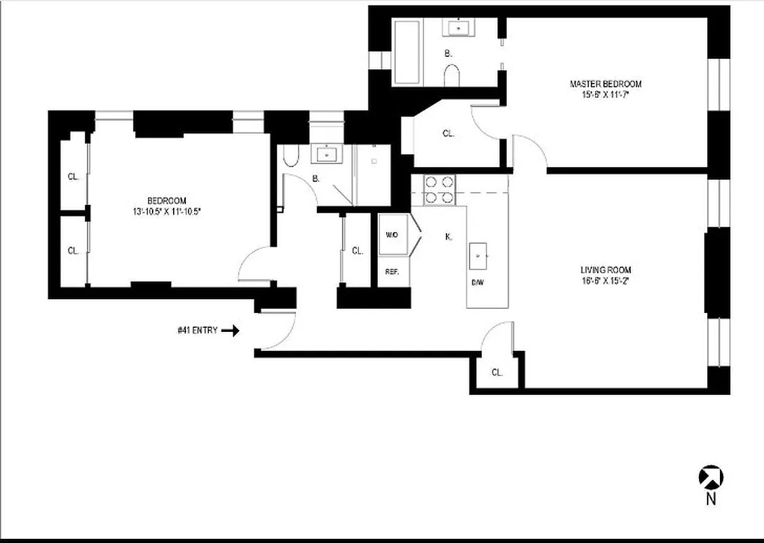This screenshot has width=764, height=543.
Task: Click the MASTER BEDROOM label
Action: point(605,84)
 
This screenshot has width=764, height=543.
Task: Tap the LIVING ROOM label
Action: point(605,270)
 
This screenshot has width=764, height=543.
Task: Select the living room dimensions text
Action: point(605,280)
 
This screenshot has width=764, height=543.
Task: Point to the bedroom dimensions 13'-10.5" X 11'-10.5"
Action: point(167,212)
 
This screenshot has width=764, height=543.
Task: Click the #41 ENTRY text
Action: point(197,331)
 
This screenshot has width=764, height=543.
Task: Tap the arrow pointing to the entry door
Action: point(231,331)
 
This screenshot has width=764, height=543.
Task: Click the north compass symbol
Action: point(711,477)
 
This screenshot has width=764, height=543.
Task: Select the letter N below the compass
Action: point(711,500)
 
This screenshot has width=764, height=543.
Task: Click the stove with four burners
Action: point(439,189)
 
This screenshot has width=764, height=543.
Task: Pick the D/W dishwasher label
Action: point(478,283)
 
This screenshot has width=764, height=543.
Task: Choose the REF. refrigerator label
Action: point(392,271)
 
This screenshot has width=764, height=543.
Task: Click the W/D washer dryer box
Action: point(392,235)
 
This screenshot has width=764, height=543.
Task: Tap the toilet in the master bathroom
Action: point(452,75)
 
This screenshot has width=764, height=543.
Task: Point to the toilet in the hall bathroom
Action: point(290,157)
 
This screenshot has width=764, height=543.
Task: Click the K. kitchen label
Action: point(448,237)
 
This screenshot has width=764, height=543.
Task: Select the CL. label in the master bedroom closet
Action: point(448,134)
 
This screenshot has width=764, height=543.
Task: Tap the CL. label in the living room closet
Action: point(497,372)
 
